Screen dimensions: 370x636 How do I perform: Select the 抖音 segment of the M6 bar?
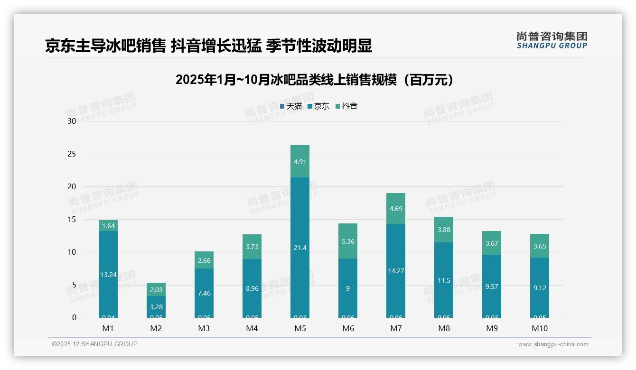click(348, 241)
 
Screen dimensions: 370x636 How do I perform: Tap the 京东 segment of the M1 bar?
click(108, 274)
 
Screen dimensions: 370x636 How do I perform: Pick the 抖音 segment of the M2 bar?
click(156, 289)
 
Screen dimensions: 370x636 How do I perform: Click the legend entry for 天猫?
click(291, 106)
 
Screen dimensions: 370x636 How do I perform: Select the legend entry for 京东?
click(318, 106)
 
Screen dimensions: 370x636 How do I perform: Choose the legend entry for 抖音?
click(346, 106)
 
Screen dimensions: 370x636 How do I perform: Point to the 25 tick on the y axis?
click(72, 154)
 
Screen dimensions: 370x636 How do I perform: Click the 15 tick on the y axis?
click(72, 220)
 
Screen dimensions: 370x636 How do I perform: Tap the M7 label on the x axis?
click(396, 329)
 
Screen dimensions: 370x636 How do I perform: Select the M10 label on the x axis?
click(539, 329)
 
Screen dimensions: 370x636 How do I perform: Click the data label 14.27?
click(396, 271)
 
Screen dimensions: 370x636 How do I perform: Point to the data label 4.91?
click(300, 161)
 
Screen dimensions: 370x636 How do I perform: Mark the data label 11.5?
click(444, 280)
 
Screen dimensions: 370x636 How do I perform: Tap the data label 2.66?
click(204, 260)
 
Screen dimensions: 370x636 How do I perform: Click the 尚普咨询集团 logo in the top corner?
click(552, 40)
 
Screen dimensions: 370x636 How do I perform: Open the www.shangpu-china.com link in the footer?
click(553, 344)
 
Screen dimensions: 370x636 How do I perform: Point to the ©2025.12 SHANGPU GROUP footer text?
click(95, 344)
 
